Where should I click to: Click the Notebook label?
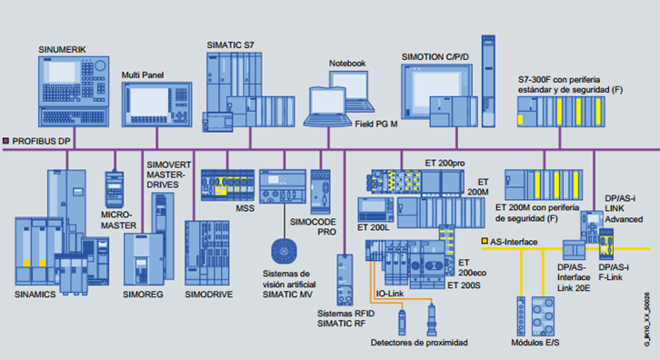pos(346,63)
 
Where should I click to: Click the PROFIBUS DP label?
pos(43,141)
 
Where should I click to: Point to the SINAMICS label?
pos(36,295)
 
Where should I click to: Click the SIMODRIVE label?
pos(210,295)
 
